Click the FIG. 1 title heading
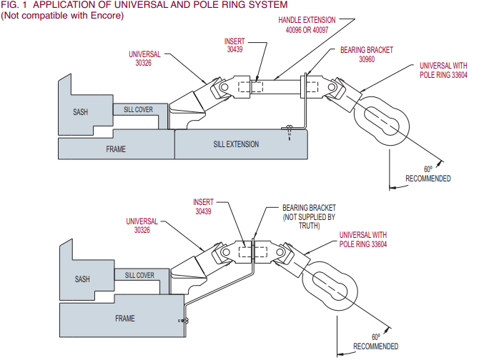tap(144, 5)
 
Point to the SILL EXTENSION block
tap(236, 144)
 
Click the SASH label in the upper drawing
tap(81, 112)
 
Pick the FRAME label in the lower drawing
tap(125, 318)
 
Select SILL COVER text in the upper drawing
tap(137, 109)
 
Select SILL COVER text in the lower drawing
tap(139, 275)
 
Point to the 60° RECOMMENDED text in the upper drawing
tap(428, 174)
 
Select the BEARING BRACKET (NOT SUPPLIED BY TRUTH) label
tap(309, 215)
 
